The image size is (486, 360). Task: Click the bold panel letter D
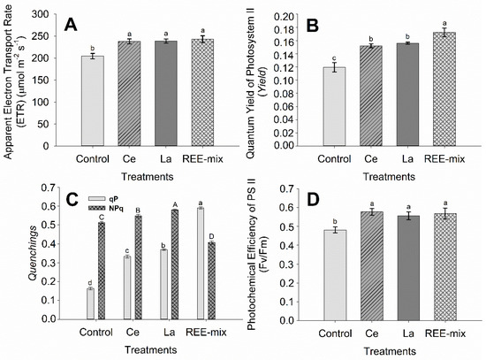pos(289,199)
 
